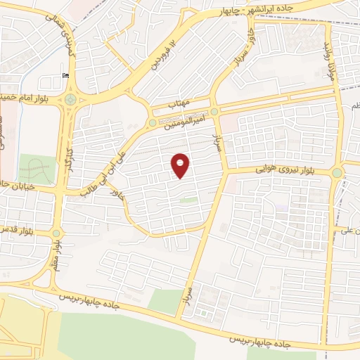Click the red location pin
coord(181,165)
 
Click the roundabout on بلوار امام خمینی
coord(70,99)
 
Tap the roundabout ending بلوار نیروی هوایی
coord(337,172)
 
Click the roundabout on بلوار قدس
coord(57,233)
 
